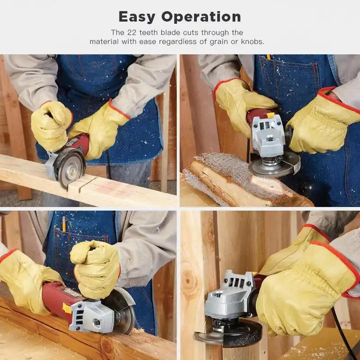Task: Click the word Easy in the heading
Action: click(137, 17)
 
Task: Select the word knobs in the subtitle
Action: click(253, 41)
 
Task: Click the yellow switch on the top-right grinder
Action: click(270, 115)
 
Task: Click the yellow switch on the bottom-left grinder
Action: click(67, 308)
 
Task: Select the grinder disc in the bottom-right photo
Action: click(229, 335)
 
